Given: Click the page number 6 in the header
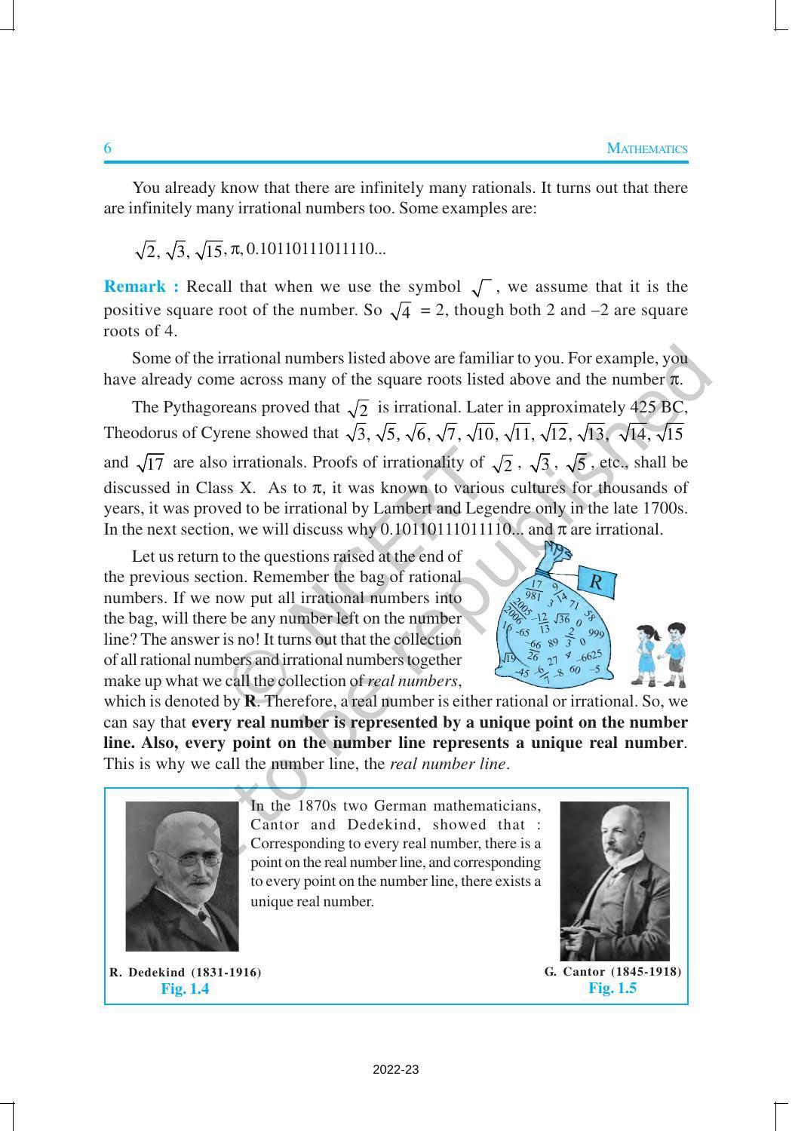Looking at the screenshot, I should pos(108,149).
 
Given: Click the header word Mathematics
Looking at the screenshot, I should pos(647,149).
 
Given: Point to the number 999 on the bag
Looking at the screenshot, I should pos(596,633).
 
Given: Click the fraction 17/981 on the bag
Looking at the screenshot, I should pos(535,590).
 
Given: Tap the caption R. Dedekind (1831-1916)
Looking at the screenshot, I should pos(186,973).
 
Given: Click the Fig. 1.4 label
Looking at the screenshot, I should pos(185,989).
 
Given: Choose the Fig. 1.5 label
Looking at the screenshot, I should pos(612,988).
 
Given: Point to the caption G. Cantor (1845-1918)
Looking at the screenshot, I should pos(612,972).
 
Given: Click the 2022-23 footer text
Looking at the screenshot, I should pos(396,1069).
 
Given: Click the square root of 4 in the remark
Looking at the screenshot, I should pos(401,311).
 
